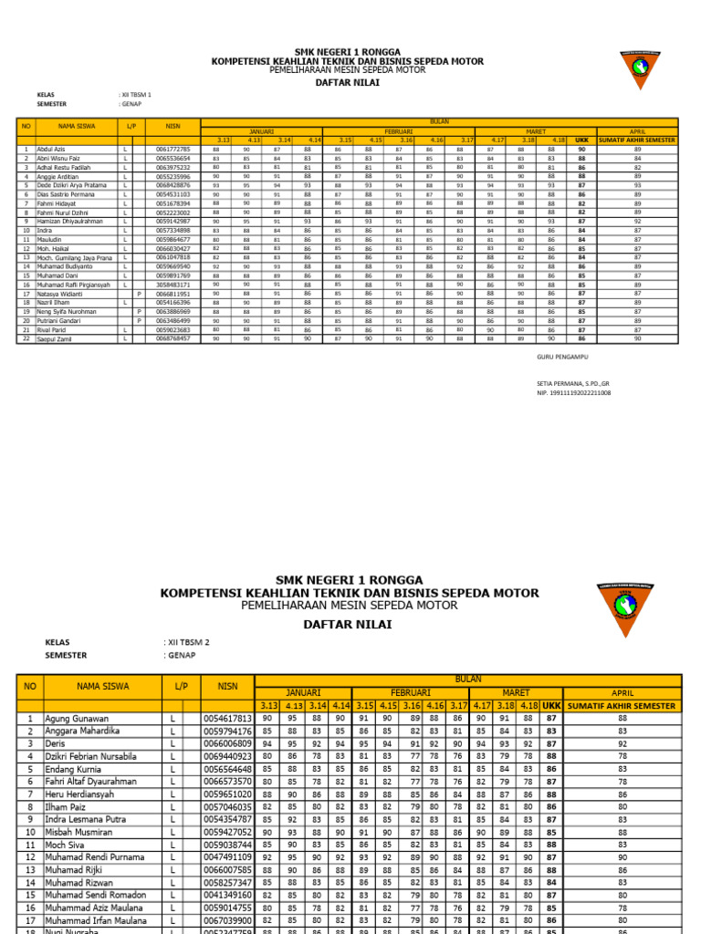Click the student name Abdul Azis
tap(51, 149)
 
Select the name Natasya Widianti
tap(59, 295)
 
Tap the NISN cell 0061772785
tap(173, 149)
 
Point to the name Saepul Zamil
tap(55, 338)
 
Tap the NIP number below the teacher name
tap(575, 392)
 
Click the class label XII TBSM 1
tap(137, 94)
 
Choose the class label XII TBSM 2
tap(188, 642)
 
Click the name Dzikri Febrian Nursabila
tap(91, 756)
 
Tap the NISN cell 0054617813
tap(227, 719)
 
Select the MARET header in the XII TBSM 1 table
tap(523, 131)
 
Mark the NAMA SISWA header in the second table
tap(102, 686)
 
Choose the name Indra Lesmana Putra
tap(86, 820)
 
